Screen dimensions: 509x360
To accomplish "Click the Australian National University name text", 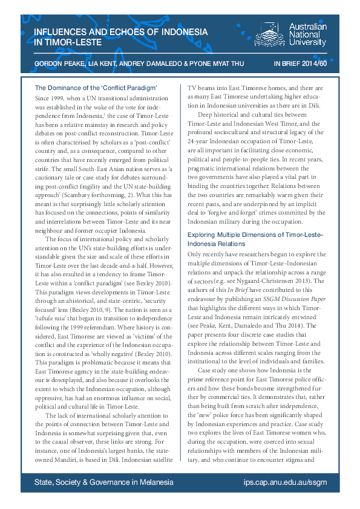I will coord(307,35).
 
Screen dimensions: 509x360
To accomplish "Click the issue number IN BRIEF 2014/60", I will coord(300,62).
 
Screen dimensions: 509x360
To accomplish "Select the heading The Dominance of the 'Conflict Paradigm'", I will coord(96,88).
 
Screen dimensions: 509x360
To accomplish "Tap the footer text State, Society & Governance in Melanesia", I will coord(104,482).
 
